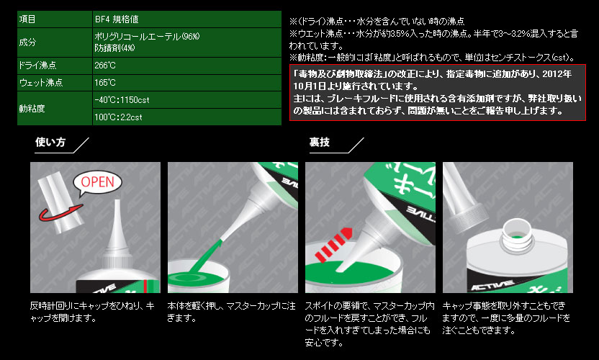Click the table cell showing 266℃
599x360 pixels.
[186, 66]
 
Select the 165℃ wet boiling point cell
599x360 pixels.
[186, 83]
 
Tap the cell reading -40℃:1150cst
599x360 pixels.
[186, 100]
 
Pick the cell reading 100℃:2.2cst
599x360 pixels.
[186, 117]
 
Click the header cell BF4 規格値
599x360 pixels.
[186, 19]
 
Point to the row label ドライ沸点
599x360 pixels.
[55, 66]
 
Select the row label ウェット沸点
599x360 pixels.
[55, 83]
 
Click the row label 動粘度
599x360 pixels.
[55, 109]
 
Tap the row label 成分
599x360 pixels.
[55, 42]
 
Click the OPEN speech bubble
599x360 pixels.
[97, 183]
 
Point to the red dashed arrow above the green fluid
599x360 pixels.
[333, 245]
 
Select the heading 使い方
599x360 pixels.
[50, 142]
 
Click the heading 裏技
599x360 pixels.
[320, 142]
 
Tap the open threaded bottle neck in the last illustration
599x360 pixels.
[516, 235]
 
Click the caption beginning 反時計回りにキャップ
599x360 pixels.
[92, 312]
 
